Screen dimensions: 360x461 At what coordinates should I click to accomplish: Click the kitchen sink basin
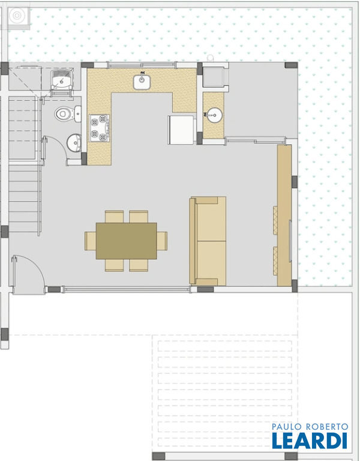142,82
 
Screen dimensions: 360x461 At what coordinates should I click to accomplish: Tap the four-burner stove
100,128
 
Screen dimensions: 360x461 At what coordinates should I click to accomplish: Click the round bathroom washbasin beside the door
74,143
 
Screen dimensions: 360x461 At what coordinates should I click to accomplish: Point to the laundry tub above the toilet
62,80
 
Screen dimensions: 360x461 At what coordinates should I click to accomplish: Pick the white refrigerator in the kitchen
181,130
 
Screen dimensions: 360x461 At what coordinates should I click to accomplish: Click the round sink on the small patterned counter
214,115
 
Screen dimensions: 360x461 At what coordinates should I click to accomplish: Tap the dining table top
127,241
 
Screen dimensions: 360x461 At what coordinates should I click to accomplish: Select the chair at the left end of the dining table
90,241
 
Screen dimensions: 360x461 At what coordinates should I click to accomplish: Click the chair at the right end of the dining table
162,241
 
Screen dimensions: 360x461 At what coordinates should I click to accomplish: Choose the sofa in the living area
208,241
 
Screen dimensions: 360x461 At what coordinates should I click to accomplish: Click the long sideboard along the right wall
284,215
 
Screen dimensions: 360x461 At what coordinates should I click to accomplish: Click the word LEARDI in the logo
310,441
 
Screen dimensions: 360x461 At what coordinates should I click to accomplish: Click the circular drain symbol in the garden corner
17,15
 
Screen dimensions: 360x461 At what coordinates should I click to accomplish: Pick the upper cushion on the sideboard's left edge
275,220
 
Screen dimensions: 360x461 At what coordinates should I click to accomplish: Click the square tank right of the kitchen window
215,77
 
